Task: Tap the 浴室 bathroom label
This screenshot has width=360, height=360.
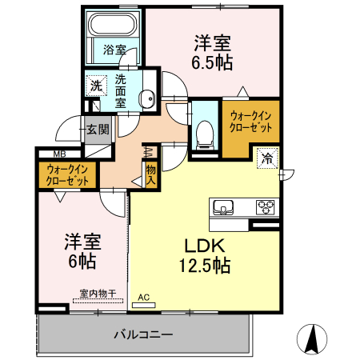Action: point(115,50)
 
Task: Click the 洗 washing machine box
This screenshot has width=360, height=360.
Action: point(96,86)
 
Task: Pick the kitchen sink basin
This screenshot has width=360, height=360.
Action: point(222,207)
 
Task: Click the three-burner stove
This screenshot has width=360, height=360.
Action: point(265,207)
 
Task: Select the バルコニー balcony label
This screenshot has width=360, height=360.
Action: point(142,334)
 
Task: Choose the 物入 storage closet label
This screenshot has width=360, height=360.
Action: point(150,174)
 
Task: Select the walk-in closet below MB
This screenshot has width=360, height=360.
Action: point(66,174)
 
